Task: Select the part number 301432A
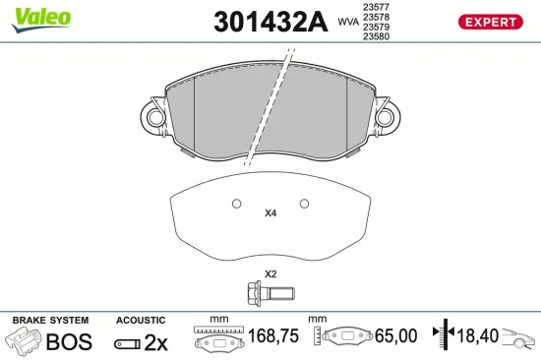(269, 24)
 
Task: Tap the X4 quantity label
(270, 212)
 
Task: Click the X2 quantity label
(270, 273)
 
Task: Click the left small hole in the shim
(235, 205)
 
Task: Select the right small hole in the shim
(305, 205)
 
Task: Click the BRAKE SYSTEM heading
(49, 321)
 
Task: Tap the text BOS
(69, 341)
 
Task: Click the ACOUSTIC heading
(140, 321)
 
